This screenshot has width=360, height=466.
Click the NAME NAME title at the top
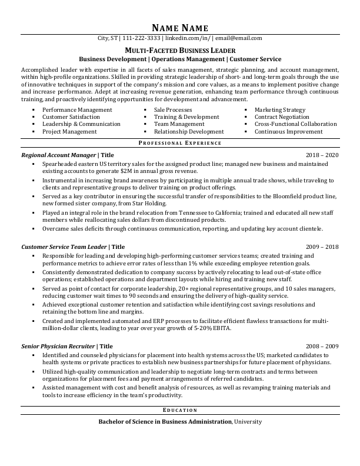[x=179, y=28]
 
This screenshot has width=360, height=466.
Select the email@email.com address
[x=239, y=38]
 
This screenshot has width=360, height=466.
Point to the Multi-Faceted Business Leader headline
[x=179, y=51]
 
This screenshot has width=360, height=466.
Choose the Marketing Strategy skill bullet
[x=279, y=110]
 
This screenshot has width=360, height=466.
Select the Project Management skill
[x=69, y=132]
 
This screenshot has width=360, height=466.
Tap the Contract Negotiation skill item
[x=282, y=117]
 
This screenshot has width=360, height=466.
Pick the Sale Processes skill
[x=173, y=110]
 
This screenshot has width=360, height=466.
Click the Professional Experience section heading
[x=179, y=144]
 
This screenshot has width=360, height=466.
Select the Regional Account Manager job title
[x=58, y=155]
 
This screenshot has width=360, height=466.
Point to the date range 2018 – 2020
[x=322, y=155]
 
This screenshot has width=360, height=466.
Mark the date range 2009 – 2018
[x=322, y=247]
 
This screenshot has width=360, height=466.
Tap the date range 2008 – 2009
[x=322, y=347]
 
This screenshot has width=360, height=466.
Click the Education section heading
[x=179, y=410]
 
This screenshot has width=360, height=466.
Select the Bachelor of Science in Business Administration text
[x=165, y=422]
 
